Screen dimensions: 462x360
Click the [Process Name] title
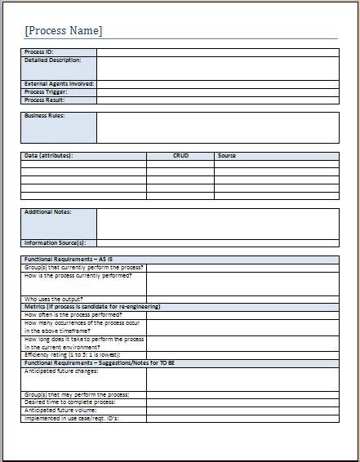(64, 31)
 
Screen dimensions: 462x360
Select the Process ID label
(39, 52)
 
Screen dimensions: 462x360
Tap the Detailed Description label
(52, 60)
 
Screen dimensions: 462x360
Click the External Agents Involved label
(59, 84)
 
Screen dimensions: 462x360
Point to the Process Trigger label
(45, 92)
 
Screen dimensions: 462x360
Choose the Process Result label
(44, 100)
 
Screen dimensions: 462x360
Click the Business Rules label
(44, 116)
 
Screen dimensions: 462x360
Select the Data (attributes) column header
(49, 155)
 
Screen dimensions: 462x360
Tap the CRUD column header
(180, 155)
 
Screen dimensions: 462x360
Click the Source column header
(227, 155)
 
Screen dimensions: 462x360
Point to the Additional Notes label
(47, 212)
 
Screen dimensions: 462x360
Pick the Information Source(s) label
(55, 242)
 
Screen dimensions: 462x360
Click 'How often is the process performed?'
(73, 314)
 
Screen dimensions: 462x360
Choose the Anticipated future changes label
(61, 371)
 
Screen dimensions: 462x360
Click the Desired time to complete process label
(69, 402)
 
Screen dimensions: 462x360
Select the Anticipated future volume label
(60, 410)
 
